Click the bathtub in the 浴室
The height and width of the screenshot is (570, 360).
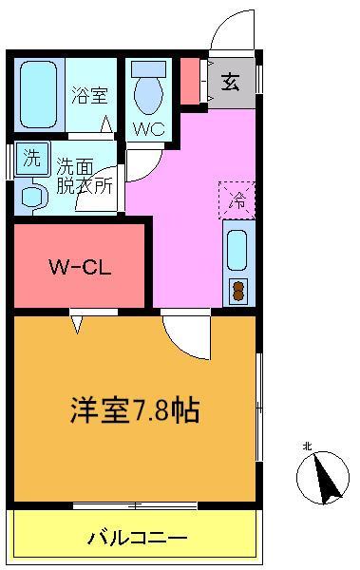[39, 94]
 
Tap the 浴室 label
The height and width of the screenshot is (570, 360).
[89, 95]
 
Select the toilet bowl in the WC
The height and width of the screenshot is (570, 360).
[148, 95]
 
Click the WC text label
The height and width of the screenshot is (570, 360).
[148, 128]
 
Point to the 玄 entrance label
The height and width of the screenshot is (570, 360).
[231, 82]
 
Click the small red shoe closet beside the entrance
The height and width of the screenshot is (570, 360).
[190, 81]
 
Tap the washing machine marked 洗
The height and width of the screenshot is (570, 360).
[32, 160]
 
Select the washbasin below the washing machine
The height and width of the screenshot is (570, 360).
[35, 197]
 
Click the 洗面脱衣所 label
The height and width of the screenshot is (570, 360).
[85, 177]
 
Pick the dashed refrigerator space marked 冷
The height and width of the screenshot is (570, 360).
[237, 200]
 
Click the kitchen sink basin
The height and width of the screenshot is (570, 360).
[237, 251]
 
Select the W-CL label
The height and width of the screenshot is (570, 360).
[80, 267]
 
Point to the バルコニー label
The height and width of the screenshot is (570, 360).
[137, 538]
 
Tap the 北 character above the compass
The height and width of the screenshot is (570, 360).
[307, 446]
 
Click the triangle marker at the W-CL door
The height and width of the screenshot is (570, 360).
[77, 324]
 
